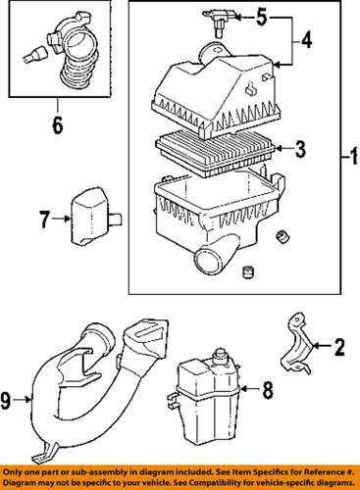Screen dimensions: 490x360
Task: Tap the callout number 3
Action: pos(300,150)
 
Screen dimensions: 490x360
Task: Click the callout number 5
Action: pos(261,16)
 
